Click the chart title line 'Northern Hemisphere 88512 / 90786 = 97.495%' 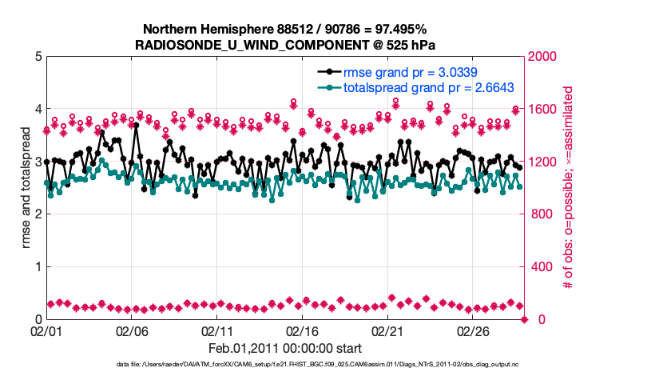coord(286,29)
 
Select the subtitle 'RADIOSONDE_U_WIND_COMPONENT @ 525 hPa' coord(286,44)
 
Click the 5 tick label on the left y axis coord(38,57)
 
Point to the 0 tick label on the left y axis coord(38,319)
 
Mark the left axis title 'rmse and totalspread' coord(26,188)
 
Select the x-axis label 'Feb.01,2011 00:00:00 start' coord(285,348)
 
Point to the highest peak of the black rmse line coord(137,126)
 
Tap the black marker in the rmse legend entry coord(325,73)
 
